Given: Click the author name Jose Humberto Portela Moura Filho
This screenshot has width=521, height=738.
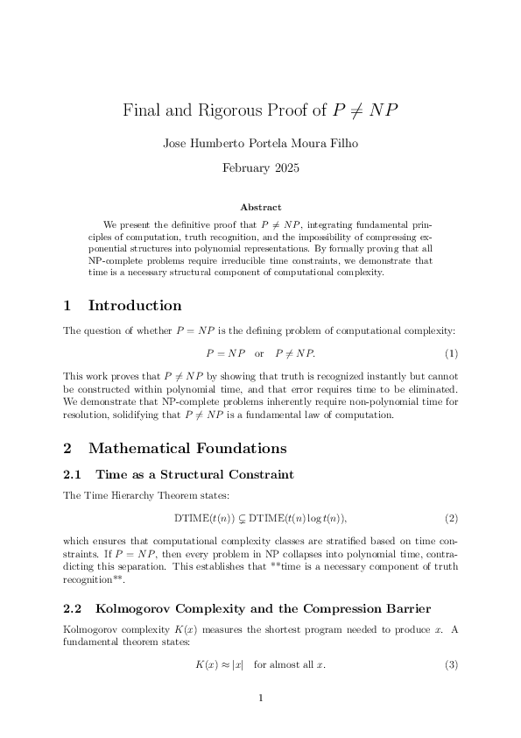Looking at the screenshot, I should [260, 144].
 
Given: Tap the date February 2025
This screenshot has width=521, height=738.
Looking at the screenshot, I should [260, 167].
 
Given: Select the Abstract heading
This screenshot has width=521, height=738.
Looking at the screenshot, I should [260, 208].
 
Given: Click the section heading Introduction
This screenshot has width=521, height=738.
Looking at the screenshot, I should [135, 306].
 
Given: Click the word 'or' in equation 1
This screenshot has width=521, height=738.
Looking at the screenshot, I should [259, 353].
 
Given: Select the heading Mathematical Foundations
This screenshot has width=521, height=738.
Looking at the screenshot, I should [187, 449].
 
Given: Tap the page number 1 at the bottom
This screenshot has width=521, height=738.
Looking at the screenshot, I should [261, 699].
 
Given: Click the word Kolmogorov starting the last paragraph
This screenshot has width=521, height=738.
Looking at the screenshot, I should [91, 631].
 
